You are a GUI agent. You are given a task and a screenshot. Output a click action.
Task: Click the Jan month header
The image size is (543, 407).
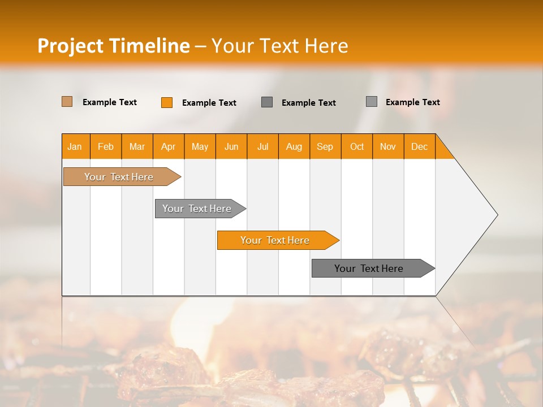click(75, 146)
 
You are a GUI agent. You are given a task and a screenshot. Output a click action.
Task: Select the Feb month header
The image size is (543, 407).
click(106, 146)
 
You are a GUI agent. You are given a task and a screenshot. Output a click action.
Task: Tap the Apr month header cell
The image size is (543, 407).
click(169, 146)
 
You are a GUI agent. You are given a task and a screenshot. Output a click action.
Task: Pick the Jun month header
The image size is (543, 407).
click(231, 146)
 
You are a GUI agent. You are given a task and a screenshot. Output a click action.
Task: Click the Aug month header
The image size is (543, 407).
click(294, 146)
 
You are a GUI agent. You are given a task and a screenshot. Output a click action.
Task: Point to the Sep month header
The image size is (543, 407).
click(325, 146)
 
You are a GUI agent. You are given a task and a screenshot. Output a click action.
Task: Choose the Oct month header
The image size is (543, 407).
click(357, 146)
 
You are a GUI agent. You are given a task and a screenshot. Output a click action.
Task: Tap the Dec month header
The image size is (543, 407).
click(420, 146)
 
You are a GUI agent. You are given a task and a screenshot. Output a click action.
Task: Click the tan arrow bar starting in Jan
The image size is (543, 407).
click(119, 177)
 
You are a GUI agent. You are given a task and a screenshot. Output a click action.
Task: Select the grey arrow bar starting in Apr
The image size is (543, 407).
click(197, 209)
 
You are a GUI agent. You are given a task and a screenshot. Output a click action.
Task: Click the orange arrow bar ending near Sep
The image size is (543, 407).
click(275, 240)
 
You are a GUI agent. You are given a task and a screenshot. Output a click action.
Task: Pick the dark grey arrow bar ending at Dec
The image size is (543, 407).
click(369, 269)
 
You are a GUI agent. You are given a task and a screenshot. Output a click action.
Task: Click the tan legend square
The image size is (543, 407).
click(67, 102)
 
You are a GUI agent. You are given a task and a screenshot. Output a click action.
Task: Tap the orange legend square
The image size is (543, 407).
click(167, 102)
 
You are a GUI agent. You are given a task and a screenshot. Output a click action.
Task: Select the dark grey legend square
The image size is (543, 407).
click(267, 102)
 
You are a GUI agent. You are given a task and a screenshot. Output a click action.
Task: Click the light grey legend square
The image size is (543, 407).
click(372, 102)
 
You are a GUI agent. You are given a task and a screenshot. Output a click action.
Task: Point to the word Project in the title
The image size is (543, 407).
click(71, 46)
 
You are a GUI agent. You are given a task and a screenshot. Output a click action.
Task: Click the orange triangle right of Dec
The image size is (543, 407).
click(442, 150)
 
